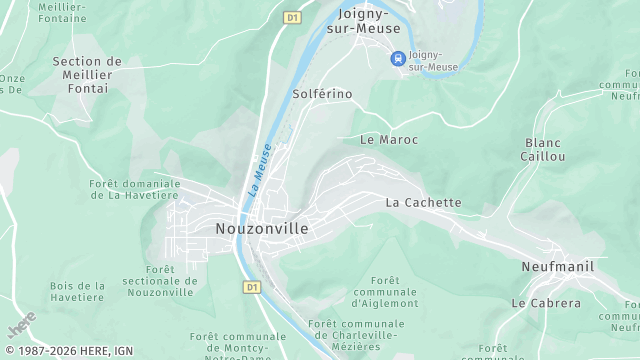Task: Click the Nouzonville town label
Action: (x=262, y=229)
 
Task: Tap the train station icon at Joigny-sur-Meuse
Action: (x=397, y=58)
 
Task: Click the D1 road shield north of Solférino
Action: (x=292, y=17)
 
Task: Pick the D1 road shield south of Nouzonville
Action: (x=252, y=287)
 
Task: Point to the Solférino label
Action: (x=322, y=93)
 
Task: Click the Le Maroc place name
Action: (x=388, y=140)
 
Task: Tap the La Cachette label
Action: (x=424, y=203)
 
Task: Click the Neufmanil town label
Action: (x=557, y=267)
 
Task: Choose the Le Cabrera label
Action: (x=546, y=303)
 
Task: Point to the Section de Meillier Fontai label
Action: (x=87, y=75)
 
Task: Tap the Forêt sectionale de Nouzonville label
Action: (x=159, y=281)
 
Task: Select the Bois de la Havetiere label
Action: (x=77, y=292)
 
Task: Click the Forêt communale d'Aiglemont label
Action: (x=384, y=292)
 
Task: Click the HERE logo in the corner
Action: (x=22, y=325)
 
